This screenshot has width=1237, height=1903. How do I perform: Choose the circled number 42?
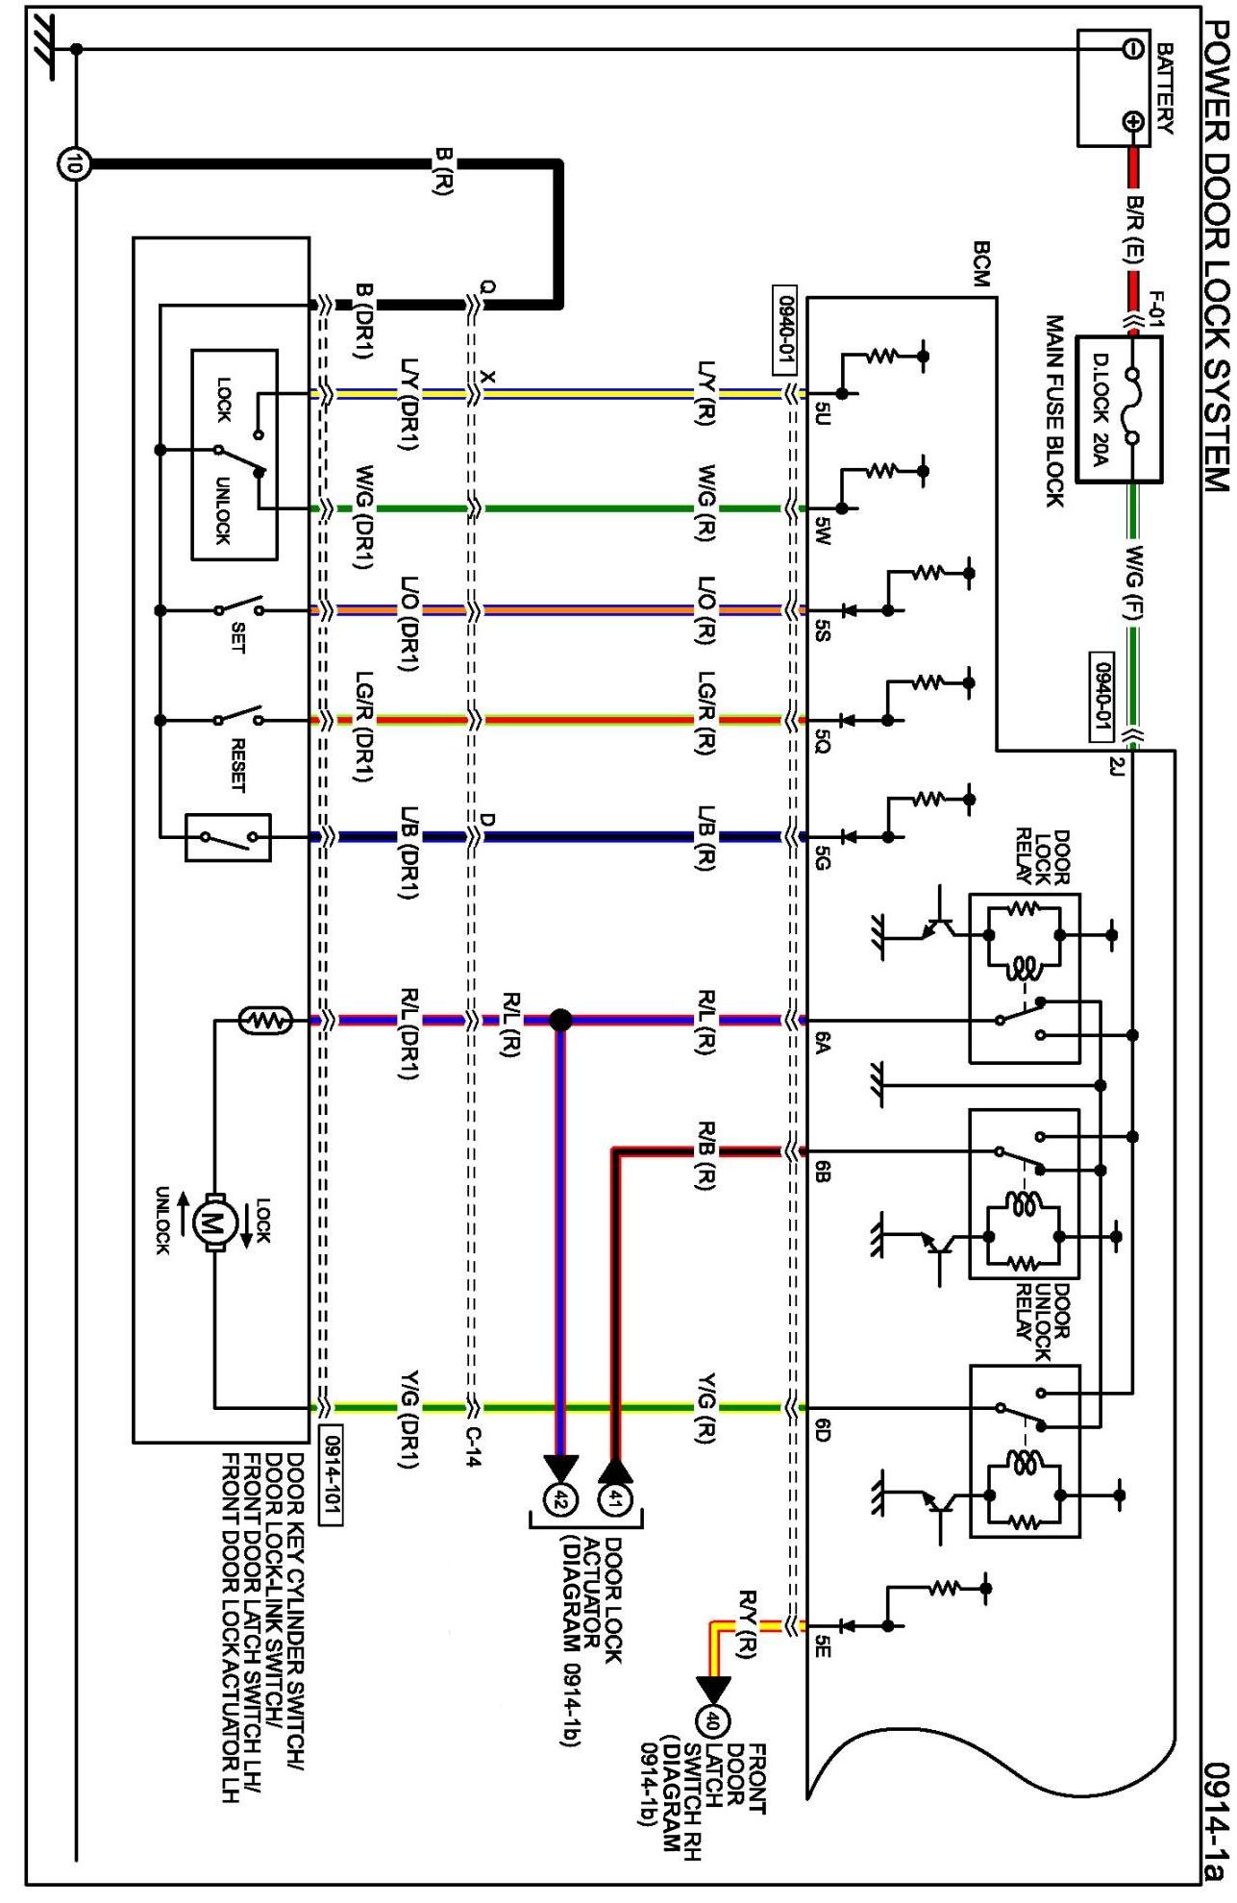[561, 1497]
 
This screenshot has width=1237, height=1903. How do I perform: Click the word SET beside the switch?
[236, 637]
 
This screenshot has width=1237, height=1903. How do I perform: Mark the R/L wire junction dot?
[560, 1019]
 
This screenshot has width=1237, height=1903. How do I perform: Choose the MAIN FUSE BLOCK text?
[1054, 410]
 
